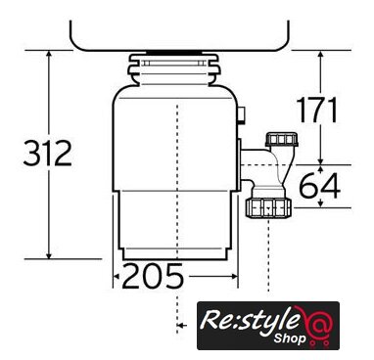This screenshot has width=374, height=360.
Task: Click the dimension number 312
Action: [x=48, y=153]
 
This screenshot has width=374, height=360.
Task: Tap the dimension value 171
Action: [x=316, y=110]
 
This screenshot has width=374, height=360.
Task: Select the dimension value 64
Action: [x=320, y=186]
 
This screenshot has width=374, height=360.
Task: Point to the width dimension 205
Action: [x=153, y=276]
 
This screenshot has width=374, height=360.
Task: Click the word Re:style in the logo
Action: [x=250, y=320]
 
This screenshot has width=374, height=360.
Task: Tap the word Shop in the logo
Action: [x=290, y=338]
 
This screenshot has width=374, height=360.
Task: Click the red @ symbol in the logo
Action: [x=316, y=322]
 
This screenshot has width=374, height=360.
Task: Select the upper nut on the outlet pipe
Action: [x=282, y=139]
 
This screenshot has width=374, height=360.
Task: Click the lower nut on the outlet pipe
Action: [x=268, y=208]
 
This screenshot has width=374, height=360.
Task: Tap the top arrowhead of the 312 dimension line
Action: [x=49, y=55]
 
